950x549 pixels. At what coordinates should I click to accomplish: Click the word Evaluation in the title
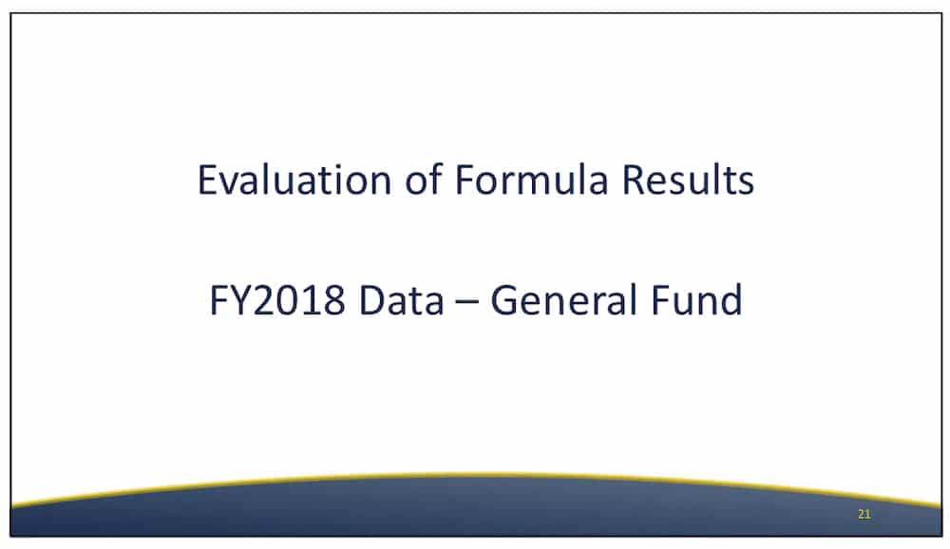tap(294, 180)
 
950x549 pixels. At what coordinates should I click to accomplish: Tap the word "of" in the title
tap(424, 180)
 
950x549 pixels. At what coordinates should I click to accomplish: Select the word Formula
tap(531, 180)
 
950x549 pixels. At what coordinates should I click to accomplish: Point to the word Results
tap(688, 180)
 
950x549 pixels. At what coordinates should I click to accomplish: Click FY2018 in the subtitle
tap(277, 300)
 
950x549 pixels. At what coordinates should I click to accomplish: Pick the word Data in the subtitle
tap(401, 300)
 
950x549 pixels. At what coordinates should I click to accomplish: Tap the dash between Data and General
tap(466, 302)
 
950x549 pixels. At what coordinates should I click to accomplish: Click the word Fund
tap(696, 300)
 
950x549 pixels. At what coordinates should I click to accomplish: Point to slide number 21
tap(864, 515)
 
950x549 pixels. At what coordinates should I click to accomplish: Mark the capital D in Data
tap(372, 300)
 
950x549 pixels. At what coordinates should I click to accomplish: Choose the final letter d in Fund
tap(731, 300)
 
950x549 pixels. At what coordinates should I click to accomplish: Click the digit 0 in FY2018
tap(288, 300)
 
